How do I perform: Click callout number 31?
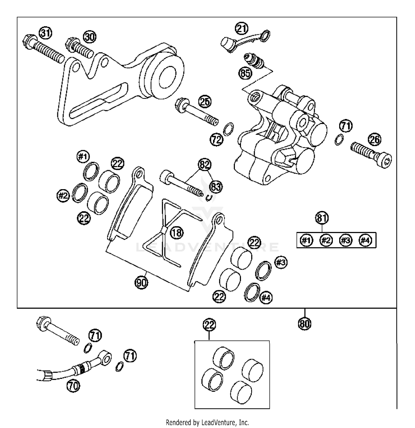click(45, 33)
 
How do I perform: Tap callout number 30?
click(90, 36)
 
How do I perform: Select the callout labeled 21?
click(242, 28)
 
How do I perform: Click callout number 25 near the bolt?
click(205, 102)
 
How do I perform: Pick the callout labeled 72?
click(216, 139)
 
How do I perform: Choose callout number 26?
click(375, 140)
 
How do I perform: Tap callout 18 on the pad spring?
click(177, 233)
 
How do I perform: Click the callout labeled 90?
click(141, 282)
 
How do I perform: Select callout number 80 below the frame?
click(305, 323)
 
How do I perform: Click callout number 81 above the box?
click(322, 218)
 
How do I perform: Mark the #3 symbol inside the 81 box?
click(345, 241)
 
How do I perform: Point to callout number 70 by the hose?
click(73, 386)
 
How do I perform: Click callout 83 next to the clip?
click(216, 187)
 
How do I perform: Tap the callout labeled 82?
click(204, 165)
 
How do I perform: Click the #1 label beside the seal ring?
click(83, 157)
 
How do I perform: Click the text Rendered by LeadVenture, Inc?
click(207, 422)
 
